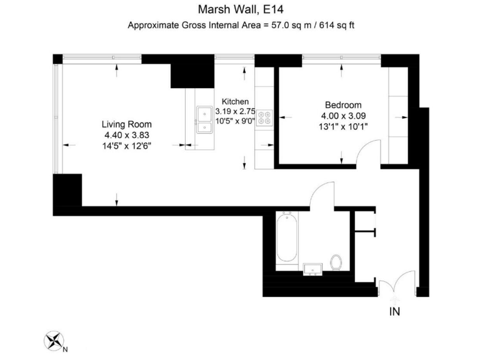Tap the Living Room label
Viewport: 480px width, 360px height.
click(127, 124)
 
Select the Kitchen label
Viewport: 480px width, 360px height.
click(236, 101)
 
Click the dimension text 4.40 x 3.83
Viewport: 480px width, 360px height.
click(127, 134)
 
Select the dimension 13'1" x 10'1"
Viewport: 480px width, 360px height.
click(343, 126)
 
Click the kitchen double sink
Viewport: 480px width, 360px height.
click(204, 120)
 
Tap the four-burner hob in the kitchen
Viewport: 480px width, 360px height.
click(265, 119)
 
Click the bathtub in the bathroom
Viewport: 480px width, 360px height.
click(286, 238)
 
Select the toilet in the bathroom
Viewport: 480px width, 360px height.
click(337, 261)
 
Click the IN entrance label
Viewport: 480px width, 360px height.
click(395, 311)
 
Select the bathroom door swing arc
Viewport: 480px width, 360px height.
click(322, 191)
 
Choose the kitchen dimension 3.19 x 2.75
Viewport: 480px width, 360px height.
click(236, 111)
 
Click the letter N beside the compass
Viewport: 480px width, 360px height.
click(65, 349)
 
